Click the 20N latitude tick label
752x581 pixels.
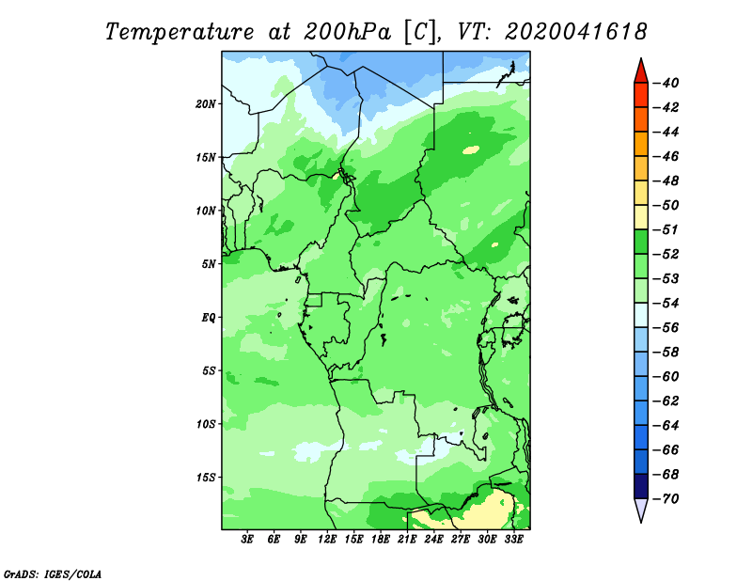(206, 104)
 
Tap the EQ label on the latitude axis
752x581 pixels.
(209, 318)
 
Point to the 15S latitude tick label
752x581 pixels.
(206, 478)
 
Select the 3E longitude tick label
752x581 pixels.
(247, 540)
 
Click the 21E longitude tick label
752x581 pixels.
(407, 540)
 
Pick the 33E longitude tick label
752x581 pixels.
(513, 540)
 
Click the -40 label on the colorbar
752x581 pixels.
(666, 83)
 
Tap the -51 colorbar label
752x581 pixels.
(666, 229)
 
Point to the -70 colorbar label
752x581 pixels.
(666, 499)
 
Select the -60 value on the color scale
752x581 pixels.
(666, 377)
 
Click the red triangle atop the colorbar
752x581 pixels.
(641, 72)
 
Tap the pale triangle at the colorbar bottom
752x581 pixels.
(641, 510)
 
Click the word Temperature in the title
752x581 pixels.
(180, 33)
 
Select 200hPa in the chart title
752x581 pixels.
(348, 32)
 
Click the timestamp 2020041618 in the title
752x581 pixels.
(576, 32)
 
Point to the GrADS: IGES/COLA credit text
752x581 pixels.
(53, 574)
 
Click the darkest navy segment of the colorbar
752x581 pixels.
(641, 486)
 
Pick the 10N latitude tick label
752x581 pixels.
(206, 211)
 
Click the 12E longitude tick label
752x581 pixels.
(326, 540)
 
